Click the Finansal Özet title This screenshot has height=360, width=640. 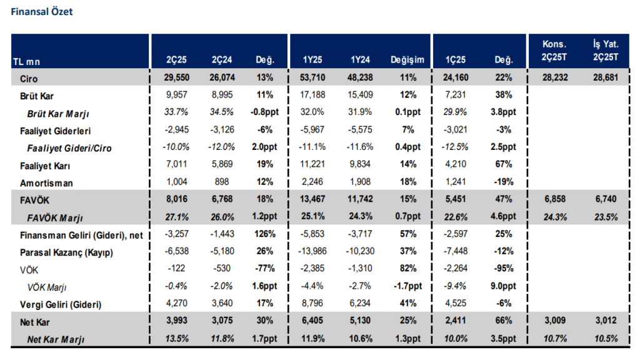(42, 11)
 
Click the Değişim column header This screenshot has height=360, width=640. (407, 60)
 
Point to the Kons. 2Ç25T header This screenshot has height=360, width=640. (554, 51)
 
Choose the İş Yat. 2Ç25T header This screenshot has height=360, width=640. (605, 51)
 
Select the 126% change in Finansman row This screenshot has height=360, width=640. (264, 234)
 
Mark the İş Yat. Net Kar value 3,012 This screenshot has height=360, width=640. (605, 322)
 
